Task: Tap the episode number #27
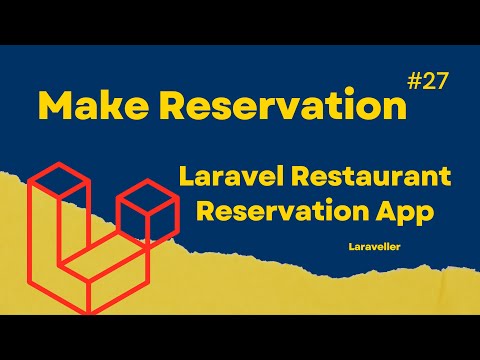coord(429,83)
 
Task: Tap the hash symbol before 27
coord(415,83)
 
